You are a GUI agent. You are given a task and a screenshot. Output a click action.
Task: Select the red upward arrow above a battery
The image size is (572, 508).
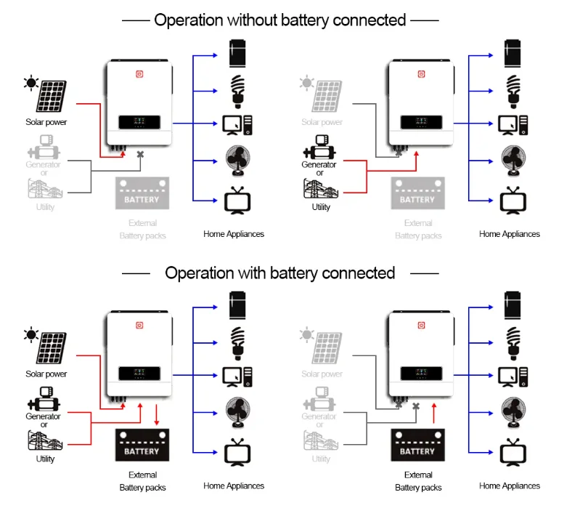coord(433,414)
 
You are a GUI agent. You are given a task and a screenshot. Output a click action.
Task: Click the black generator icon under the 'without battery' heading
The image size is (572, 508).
coord(320,150)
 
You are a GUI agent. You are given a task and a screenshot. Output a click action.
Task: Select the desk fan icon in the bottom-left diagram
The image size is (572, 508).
coord(237,411)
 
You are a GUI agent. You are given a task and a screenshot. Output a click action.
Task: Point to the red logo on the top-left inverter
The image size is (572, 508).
coord(142,73)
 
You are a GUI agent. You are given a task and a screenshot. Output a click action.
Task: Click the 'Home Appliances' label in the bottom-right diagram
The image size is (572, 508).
coord(510,485)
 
